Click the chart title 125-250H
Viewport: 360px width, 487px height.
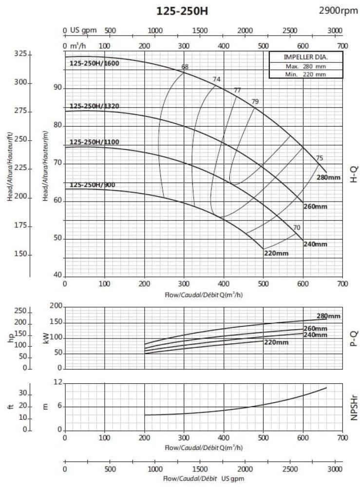[x=182, y=11]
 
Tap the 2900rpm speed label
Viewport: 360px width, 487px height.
[x=338, y=10]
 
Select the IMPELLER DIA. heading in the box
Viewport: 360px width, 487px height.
[x=306, y=57]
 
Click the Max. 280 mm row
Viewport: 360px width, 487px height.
[x=306, y=66]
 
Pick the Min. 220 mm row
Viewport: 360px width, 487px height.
[x=306, y=74]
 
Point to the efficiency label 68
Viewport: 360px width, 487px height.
[x=185, y=67]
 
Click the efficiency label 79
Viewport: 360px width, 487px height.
[x=255, y=101]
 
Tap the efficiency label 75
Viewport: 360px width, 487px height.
[x=320, y=158]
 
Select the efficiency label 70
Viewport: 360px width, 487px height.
[x=297, y=227]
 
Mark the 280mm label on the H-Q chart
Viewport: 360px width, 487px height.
[x=329, y=177]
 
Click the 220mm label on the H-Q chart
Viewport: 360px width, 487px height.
[x=276, y=253]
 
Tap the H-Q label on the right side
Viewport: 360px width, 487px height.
[x=354, y=173]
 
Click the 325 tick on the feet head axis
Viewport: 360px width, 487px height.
[x=20, y=54]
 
